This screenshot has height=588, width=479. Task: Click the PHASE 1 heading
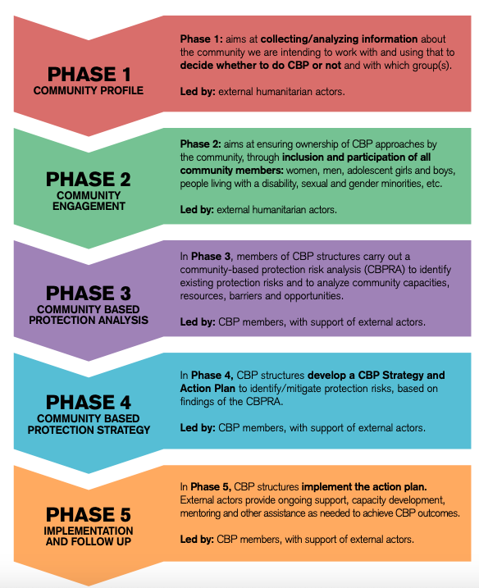click(x=89, y=74)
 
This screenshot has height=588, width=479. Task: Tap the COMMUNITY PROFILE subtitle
click(x=89, y=90)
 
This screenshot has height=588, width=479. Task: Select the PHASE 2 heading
click(x=89, y=179)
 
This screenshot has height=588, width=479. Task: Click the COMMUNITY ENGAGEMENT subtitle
click(x=89, y=201)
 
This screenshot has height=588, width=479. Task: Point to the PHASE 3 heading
click(x=89, y=293)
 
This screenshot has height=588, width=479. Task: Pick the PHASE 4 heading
click(x=89, y=403)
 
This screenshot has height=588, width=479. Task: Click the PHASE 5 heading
click(x=89, y=514)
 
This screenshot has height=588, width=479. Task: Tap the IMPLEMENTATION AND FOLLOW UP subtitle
click(x=89, y=536)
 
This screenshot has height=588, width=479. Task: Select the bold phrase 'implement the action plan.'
click(x=364, y=487)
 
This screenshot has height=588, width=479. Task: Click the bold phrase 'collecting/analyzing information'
click(x=339, y=39)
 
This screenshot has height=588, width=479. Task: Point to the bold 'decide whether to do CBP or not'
click(x=261, y=66)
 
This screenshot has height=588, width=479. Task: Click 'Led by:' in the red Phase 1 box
click(x=198, y=92)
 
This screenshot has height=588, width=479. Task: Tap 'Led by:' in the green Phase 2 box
click(x=197, y=209)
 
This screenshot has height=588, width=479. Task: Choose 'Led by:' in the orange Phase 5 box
click(x=197, y=540)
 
